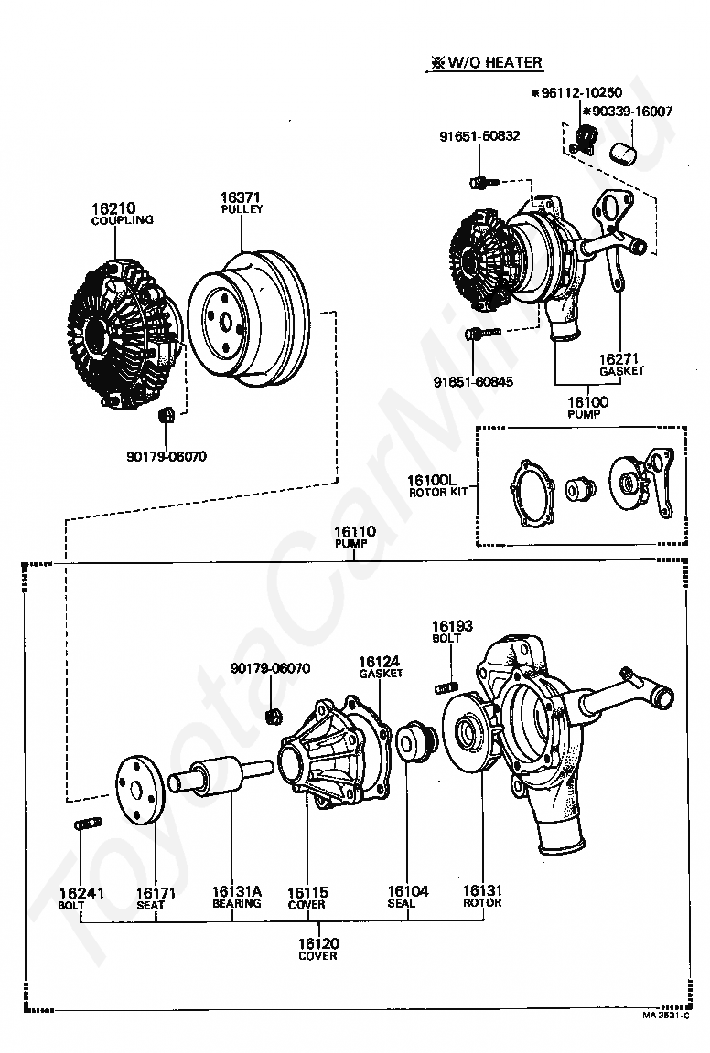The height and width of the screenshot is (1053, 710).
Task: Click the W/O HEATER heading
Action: (x=486, y=62)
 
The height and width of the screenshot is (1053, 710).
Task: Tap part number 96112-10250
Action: (x=576, y=92)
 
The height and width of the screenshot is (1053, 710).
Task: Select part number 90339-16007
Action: (x=628, y=112)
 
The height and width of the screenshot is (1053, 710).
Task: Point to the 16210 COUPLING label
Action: (x=122, y=214)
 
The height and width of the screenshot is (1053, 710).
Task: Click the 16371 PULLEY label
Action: (x=242, y=202)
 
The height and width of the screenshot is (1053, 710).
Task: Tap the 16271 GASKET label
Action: (x=621, y=364)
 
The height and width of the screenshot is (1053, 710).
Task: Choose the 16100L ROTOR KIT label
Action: (x=437, y=486)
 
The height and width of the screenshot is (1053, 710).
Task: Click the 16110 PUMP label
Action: (x=354, y=537)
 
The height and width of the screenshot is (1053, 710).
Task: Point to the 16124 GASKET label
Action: (x=381, y=667)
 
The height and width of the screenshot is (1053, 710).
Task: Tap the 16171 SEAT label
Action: (x=156, y=899)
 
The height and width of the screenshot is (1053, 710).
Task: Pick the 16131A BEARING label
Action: (x=237, y=898)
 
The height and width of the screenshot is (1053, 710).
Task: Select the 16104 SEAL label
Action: (x=407, y=898)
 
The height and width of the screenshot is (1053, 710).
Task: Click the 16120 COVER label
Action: (x=318, y=949)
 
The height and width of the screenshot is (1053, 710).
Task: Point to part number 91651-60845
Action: (x=473, y=381)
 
